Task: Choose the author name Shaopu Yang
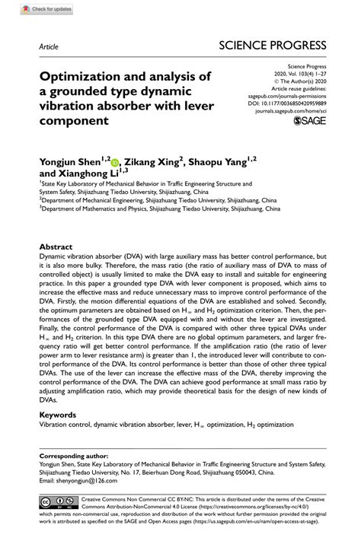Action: [x=221, y=161]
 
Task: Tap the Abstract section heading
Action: [x=56, y=226]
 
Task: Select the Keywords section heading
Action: [x=59, y=415]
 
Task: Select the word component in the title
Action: [x=75, y=120]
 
